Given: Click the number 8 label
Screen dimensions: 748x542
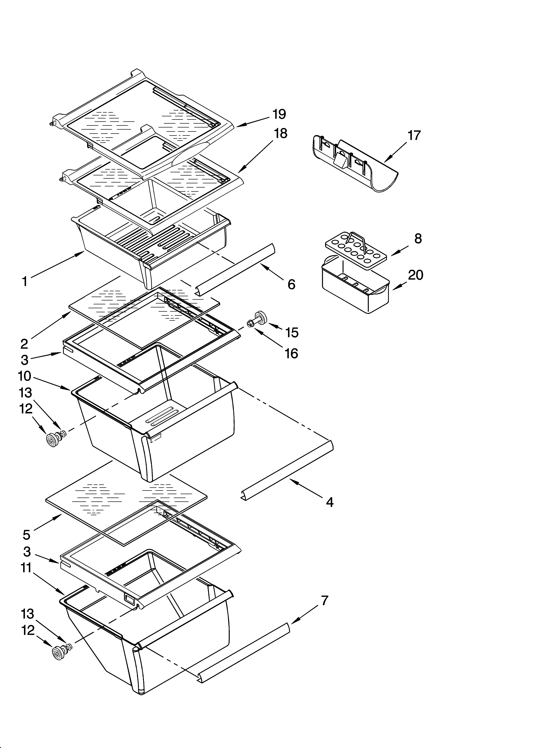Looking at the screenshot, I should coord(418,238).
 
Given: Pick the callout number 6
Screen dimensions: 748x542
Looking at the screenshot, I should coord(291,284).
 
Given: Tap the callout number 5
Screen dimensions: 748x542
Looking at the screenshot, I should coord(26,535).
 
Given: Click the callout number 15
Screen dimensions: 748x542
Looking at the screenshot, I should coord(292,332).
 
